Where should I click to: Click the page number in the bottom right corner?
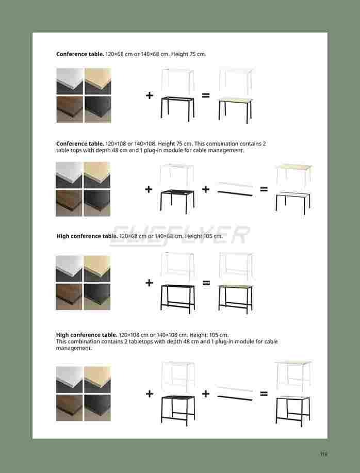tap(323, 454)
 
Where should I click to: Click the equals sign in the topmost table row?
tap(206, 95)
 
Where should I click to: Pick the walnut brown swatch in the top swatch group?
tap(70, 109)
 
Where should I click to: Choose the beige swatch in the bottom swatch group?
tap(97, 380)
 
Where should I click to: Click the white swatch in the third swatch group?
tap(70, 268)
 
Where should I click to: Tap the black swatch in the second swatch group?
tap(97, 203)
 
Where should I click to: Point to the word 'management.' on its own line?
tap(74, 348)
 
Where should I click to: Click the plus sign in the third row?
tap(149, 283)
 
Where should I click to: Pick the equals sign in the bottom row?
tap(264, 394)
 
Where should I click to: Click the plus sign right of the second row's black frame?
tap(206, 189)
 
